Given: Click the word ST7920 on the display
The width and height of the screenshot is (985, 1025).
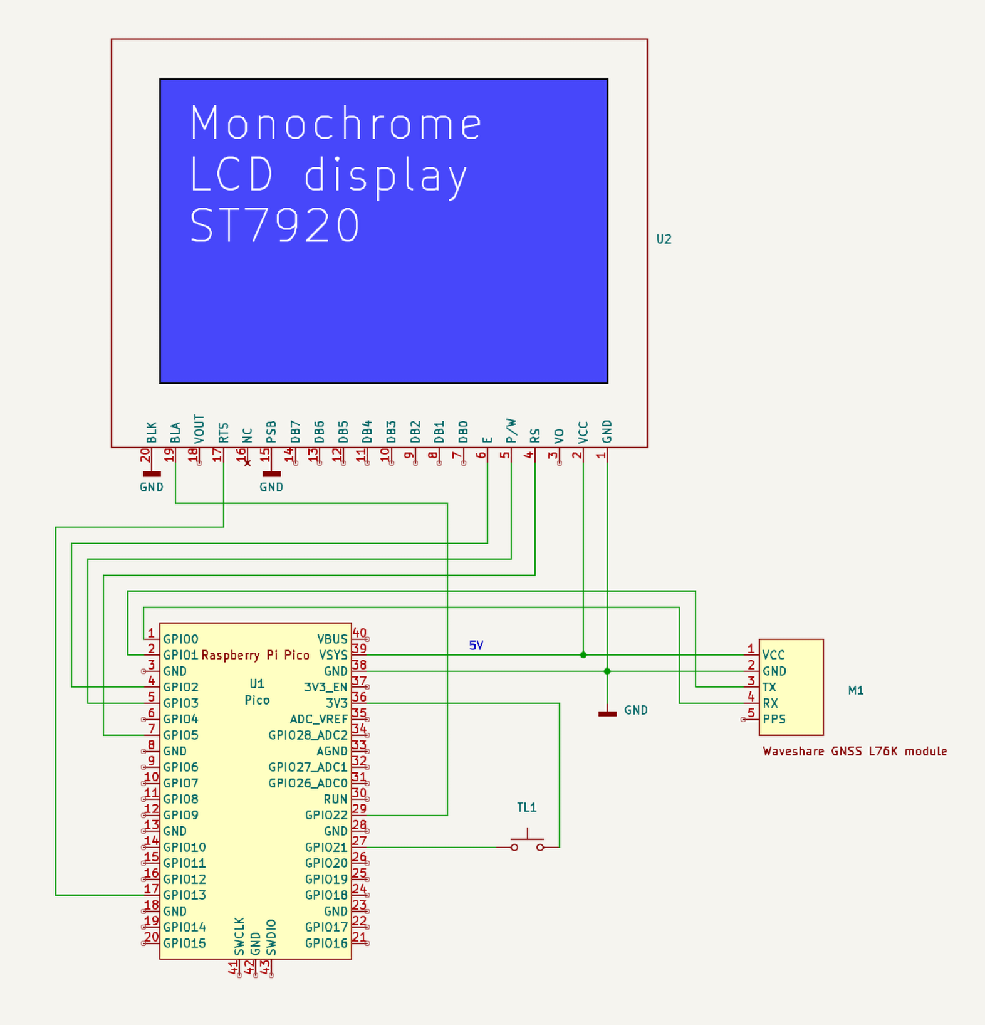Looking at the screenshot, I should [274, 226].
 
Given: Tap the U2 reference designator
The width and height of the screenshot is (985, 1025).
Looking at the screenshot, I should [664, 239].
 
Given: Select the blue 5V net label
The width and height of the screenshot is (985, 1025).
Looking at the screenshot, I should [476, 645].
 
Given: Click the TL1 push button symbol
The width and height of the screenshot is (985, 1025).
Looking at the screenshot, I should [527, 841].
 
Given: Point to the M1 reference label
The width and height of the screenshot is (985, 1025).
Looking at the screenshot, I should [855, 690].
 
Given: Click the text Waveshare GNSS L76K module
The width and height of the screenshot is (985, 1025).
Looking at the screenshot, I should [854, 751].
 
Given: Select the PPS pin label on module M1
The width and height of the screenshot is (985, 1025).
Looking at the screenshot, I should [774, 719].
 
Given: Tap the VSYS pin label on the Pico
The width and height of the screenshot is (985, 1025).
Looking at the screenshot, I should [333, 655].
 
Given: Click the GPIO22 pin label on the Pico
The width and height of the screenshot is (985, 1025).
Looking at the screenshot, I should [326, 815].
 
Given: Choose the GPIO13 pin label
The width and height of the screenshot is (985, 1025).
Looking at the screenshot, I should [184, 895].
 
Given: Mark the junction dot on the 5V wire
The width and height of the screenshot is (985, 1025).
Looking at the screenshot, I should [583, 655].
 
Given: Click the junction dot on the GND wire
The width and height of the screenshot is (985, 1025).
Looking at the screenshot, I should [607, 671].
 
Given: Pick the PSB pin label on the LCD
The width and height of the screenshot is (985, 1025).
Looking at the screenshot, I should [271, 432].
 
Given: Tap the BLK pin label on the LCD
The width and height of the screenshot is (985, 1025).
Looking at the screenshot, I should [152, 433].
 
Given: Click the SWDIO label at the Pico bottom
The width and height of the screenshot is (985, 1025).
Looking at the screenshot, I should [271, 937].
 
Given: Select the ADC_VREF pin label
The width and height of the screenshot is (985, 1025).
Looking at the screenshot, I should [318, 719].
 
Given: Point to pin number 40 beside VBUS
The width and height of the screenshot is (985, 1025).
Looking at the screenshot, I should [359, 633].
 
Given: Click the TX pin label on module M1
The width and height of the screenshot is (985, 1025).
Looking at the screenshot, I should [769, 687].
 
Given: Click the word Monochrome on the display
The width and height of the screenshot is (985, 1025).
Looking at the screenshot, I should [336, 124].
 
